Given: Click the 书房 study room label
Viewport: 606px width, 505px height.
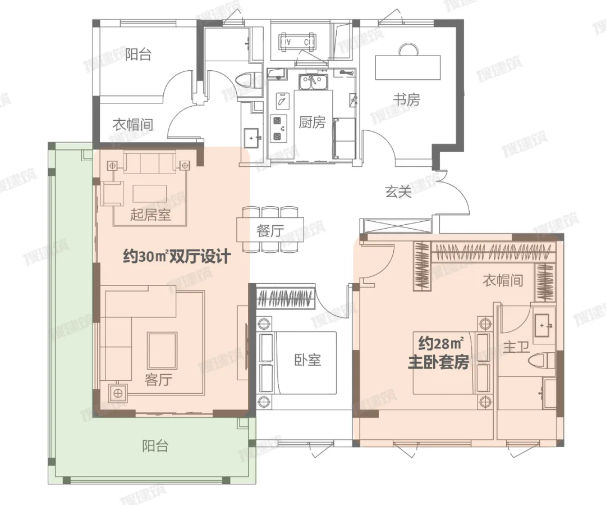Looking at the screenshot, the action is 407,99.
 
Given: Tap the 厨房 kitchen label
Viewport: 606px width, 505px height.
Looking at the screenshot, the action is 312,122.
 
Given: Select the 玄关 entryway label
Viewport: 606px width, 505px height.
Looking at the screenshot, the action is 398,191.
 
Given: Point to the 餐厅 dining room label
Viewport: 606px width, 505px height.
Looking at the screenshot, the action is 270,231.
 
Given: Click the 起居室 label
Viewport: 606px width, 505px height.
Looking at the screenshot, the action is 150,214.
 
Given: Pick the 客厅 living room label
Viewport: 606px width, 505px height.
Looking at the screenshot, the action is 158,380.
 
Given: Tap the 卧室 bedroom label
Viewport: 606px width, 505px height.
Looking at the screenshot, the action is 307,360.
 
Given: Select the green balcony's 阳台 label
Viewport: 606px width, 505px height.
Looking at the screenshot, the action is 155,446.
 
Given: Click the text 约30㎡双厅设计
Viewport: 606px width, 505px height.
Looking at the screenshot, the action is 177,256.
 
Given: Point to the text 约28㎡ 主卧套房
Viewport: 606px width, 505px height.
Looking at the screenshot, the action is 439,353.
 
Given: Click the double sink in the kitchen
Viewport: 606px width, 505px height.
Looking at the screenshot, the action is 313,81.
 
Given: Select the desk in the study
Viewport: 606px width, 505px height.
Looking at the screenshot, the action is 408,67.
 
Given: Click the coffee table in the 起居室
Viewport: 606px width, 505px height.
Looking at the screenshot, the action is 150,193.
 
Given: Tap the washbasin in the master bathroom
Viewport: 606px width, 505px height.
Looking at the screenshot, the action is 544,325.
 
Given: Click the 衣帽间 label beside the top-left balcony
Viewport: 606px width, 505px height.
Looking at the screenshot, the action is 133,125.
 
